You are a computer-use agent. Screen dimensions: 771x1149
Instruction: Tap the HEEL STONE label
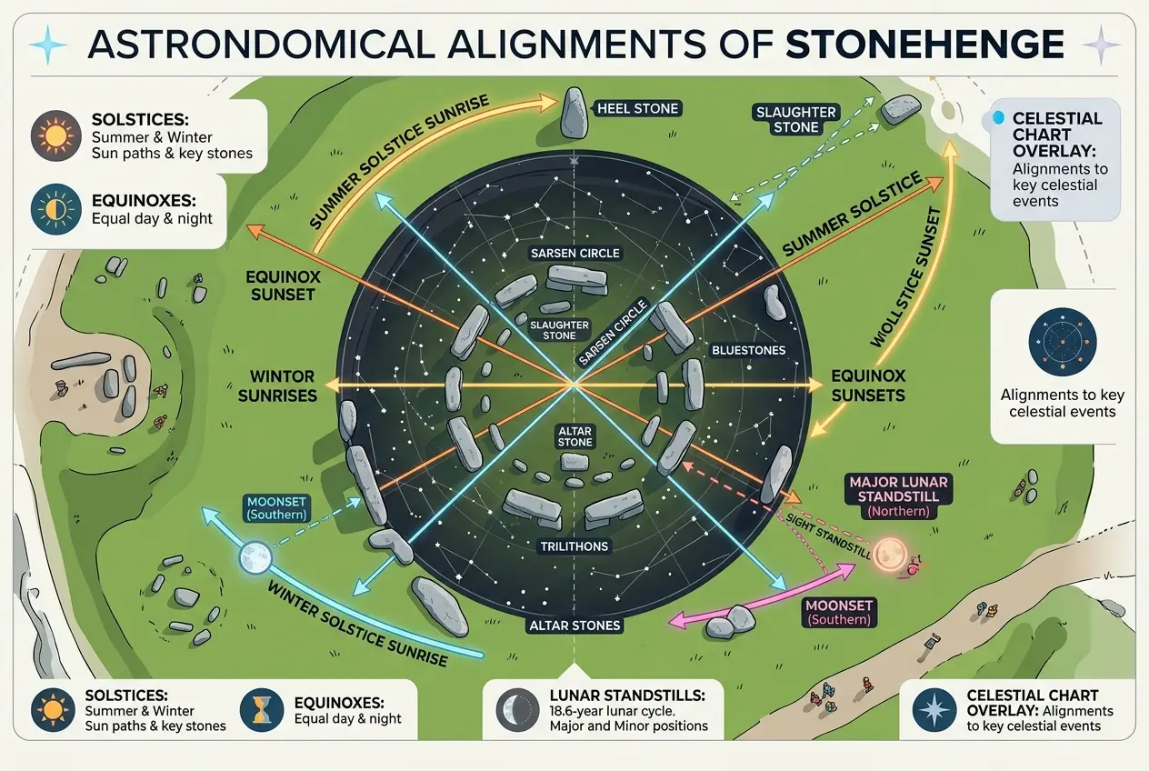(637, 109)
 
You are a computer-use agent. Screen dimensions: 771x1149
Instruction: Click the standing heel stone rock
(573, 113)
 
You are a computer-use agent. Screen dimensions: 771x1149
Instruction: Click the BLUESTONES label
(749, 349)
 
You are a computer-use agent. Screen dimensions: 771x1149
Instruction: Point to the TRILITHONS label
(573, 546)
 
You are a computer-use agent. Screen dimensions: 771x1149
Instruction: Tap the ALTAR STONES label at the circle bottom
(574, 626)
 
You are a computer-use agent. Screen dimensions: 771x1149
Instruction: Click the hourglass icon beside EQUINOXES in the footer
(263, 710)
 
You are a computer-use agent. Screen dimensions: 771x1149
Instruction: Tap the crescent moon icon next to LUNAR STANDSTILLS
(518, 709)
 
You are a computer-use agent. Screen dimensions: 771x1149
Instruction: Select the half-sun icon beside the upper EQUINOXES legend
(52, 209)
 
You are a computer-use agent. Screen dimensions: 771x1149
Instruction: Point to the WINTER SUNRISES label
(283, 385)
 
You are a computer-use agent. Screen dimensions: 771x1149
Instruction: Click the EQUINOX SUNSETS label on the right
(867, 385)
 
